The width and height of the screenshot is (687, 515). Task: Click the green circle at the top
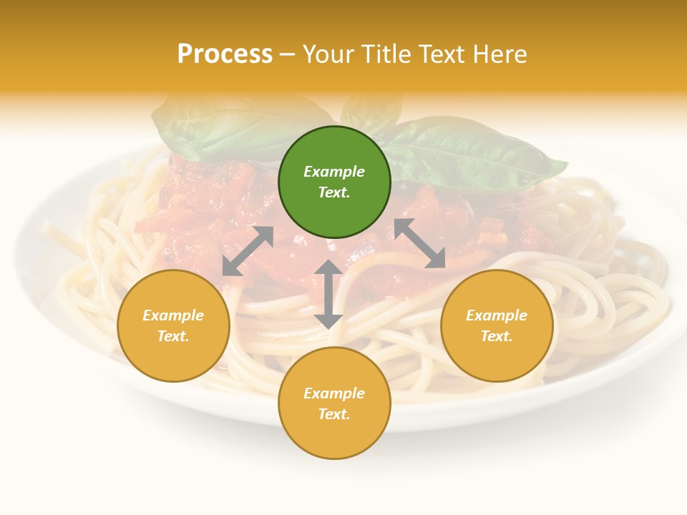(334, 182)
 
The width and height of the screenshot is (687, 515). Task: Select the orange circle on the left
(173, 325)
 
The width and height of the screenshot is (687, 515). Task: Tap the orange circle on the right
(497, 325)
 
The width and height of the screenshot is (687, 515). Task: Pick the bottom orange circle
(334, 403)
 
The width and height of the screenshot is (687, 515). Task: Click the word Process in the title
(225, 54)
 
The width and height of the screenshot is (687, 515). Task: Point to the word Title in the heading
(385, 54)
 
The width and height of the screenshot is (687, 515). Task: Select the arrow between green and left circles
(248, 251)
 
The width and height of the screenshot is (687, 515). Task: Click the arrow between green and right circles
(419, 243)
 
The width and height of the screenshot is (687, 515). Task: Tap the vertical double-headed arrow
(328, 294)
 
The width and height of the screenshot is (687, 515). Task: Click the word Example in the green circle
(334, 172)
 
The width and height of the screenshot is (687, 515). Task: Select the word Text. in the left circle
(173, 336)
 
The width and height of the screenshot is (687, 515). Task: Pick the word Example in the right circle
(497, 315)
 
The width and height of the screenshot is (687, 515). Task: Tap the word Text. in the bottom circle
(334, 414)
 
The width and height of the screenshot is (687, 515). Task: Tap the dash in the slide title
(288, 54)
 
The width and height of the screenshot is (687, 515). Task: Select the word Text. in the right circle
(497, 336)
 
